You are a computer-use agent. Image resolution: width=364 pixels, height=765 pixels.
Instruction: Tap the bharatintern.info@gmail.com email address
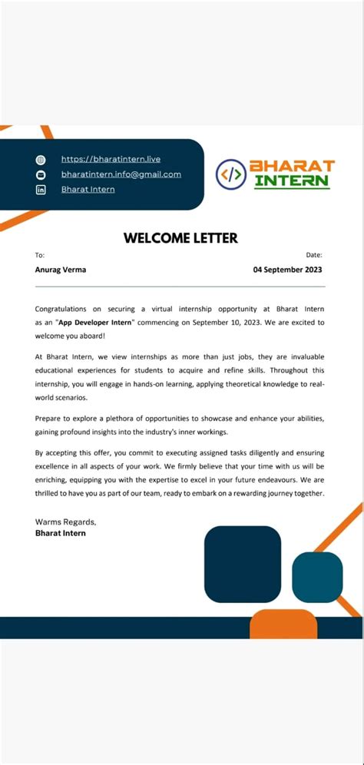click(x=121, y=174)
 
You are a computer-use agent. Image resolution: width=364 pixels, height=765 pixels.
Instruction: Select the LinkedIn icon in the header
click(x=41, y=190)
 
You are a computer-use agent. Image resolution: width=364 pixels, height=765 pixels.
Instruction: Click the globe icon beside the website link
click(x=41, y=160)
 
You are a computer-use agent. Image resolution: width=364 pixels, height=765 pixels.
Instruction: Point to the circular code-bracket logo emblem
click(x=230, y=174)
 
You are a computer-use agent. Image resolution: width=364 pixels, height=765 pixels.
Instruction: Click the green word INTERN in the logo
click(x=292, y=181)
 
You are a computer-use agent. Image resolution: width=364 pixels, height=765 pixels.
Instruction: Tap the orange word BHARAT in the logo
click(x=292, y=166)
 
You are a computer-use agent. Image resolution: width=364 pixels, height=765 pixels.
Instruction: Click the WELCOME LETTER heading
click(x=181, y=238)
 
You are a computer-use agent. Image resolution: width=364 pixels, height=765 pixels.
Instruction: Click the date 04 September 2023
click(x=288, y=270)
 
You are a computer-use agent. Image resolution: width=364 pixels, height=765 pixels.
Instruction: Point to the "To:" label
click(x=40, y=255)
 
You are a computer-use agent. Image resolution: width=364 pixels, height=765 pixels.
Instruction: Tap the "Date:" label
click(x=314, y=255)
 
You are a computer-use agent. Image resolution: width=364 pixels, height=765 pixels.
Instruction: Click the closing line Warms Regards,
click(x=66, y=522)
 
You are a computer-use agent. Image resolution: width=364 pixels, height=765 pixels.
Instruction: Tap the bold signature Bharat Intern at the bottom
click(x=61, y=532)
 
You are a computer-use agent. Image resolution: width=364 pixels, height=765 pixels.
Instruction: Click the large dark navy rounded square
click(x=243, y=564)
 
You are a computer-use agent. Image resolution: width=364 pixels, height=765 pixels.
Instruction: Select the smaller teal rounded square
click(x=317, y=576)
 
